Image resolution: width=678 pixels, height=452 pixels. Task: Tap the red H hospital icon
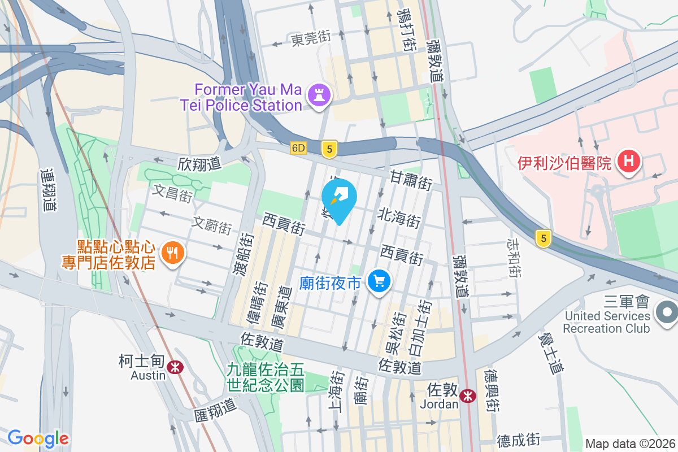628,162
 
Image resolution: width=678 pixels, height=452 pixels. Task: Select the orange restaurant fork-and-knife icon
172,254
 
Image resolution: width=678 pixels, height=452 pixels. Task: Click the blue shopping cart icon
379,281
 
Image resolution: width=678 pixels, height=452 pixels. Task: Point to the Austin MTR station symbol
175,367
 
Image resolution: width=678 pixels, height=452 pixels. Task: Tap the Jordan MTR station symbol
467,396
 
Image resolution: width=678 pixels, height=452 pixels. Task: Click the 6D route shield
298,148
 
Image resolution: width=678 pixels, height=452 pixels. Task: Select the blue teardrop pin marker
339,199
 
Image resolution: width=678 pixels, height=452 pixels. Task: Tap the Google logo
38,438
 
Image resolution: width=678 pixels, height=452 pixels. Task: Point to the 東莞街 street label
310,39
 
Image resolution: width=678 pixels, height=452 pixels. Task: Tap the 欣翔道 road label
199,164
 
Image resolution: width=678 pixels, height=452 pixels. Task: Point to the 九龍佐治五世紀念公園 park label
266,377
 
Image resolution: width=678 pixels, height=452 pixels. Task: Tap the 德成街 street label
519,440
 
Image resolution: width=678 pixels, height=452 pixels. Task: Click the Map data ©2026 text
629,444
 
